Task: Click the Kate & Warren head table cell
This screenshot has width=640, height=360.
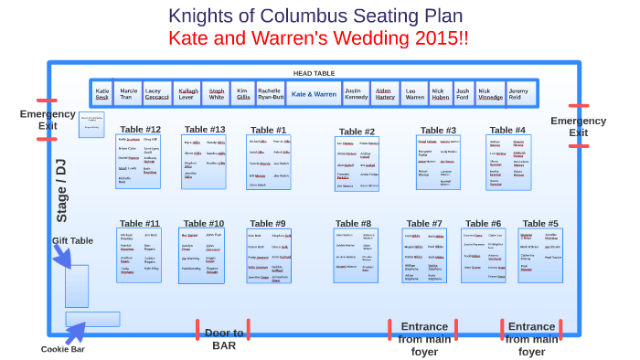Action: click(314, 94)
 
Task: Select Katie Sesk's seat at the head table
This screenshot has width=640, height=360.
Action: click(102, 94)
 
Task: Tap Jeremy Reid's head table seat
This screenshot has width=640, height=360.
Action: click(518, 94)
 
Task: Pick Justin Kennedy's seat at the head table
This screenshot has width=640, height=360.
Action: click(357, 94)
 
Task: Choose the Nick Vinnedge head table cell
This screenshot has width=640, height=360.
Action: click(490, 94)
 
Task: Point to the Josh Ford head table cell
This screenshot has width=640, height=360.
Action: click(463, 94)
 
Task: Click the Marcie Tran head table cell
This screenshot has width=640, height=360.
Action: click(129, 94)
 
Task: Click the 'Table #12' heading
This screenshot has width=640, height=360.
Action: click(140, 130)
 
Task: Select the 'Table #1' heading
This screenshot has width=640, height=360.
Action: click(268, 130)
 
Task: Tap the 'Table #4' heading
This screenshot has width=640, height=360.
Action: click(507, 130)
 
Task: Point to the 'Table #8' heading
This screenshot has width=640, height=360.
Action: click(353, 223)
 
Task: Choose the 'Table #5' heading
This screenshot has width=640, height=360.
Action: click(540, 223)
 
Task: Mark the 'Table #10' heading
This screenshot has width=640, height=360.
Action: click(204, 223)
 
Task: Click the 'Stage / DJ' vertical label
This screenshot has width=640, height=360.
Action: click(61, 190)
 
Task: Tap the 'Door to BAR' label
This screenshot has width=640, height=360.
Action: click(224, 338)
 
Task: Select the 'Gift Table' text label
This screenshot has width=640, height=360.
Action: click(72, 240)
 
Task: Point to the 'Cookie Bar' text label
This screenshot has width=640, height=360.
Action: click(63, 348)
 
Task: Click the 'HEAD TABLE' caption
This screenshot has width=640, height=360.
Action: click(314, 73)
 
